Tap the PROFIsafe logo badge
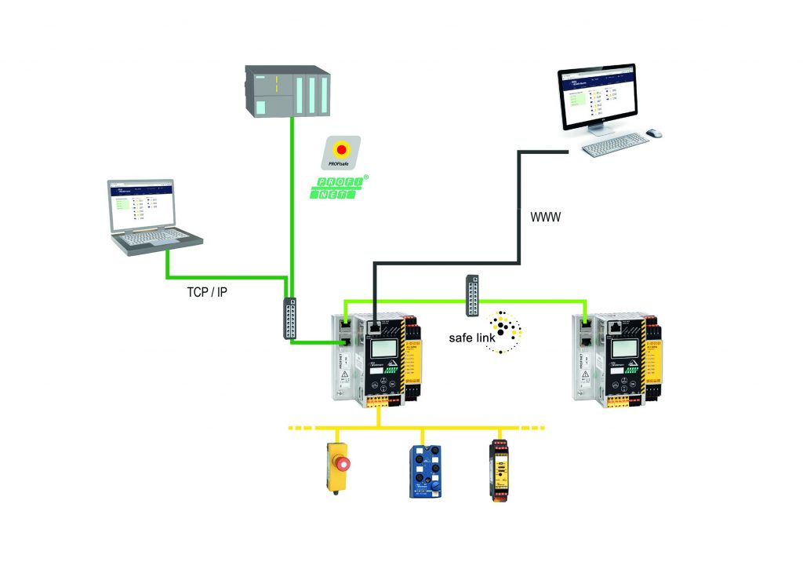[x=342, y=151]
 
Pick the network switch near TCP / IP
[x=289, y=319]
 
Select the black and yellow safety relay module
[x=499, y=469]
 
